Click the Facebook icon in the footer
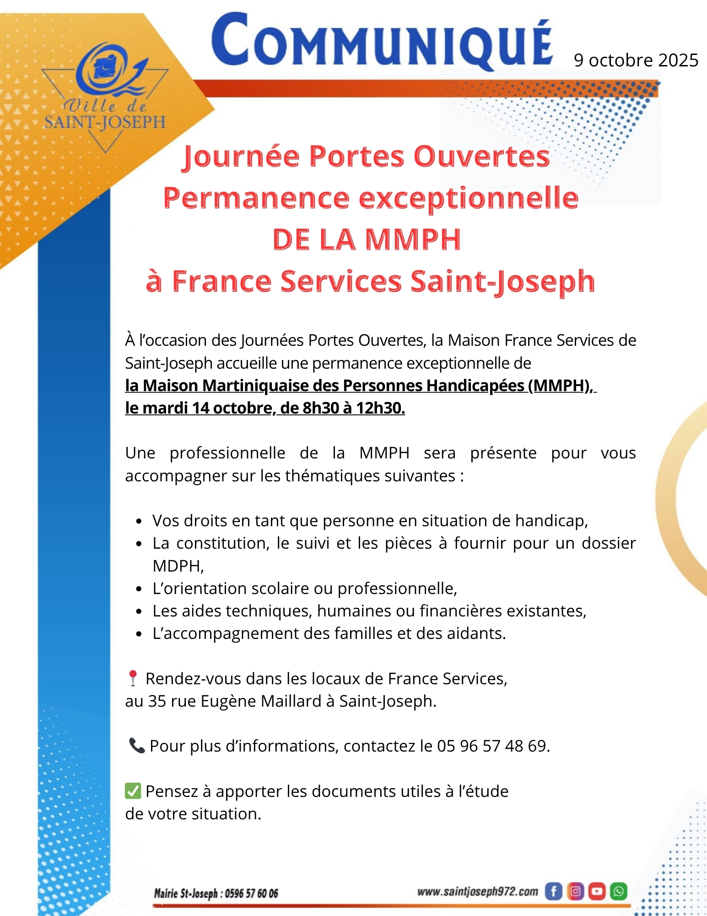(553, 891)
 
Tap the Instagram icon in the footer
(575, 891)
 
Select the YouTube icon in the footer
(597, 891)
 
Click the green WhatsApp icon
(619, 891)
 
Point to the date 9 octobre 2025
(636, 60)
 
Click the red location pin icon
(133, 678)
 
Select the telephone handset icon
(136, 746)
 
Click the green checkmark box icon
(133, 791)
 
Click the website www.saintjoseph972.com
(477, 892)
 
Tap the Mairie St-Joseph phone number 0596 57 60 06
(251, 894)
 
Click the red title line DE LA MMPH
(367, 239)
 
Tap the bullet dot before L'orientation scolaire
(139, 589)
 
